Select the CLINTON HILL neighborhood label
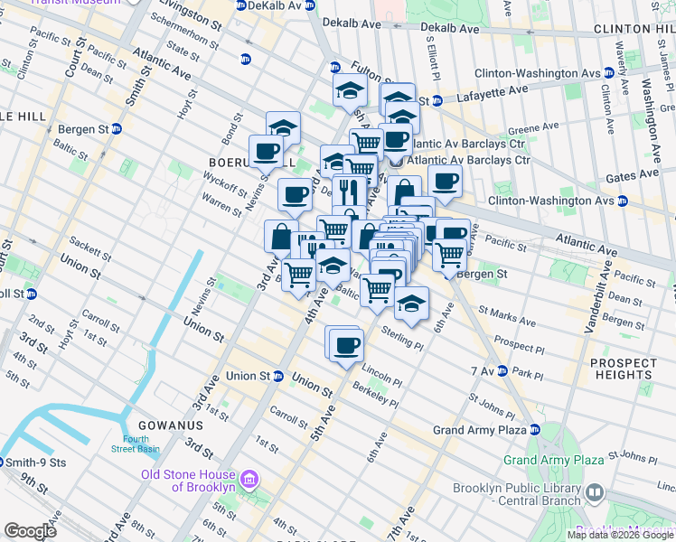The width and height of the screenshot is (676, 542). (634, 30)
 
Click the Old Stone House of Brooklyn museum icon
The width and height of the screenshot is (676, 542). (249, 478)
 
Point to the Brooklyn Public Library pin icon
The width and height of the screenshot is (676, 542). (594, 493)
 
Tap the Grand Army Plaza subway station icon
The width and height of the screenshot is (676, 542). (535, 429)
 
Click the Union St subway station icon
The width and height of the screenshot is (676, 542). (278, 376)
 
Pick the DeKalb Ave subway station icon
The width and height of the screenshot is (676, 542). (239, 5)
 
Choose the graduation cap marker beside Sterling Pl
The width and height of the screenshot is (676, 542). (411, 304)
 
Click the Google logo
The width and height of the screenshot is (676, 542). (31, 531)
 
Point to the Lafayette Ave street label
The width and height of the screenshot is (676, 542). (493, 90)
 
